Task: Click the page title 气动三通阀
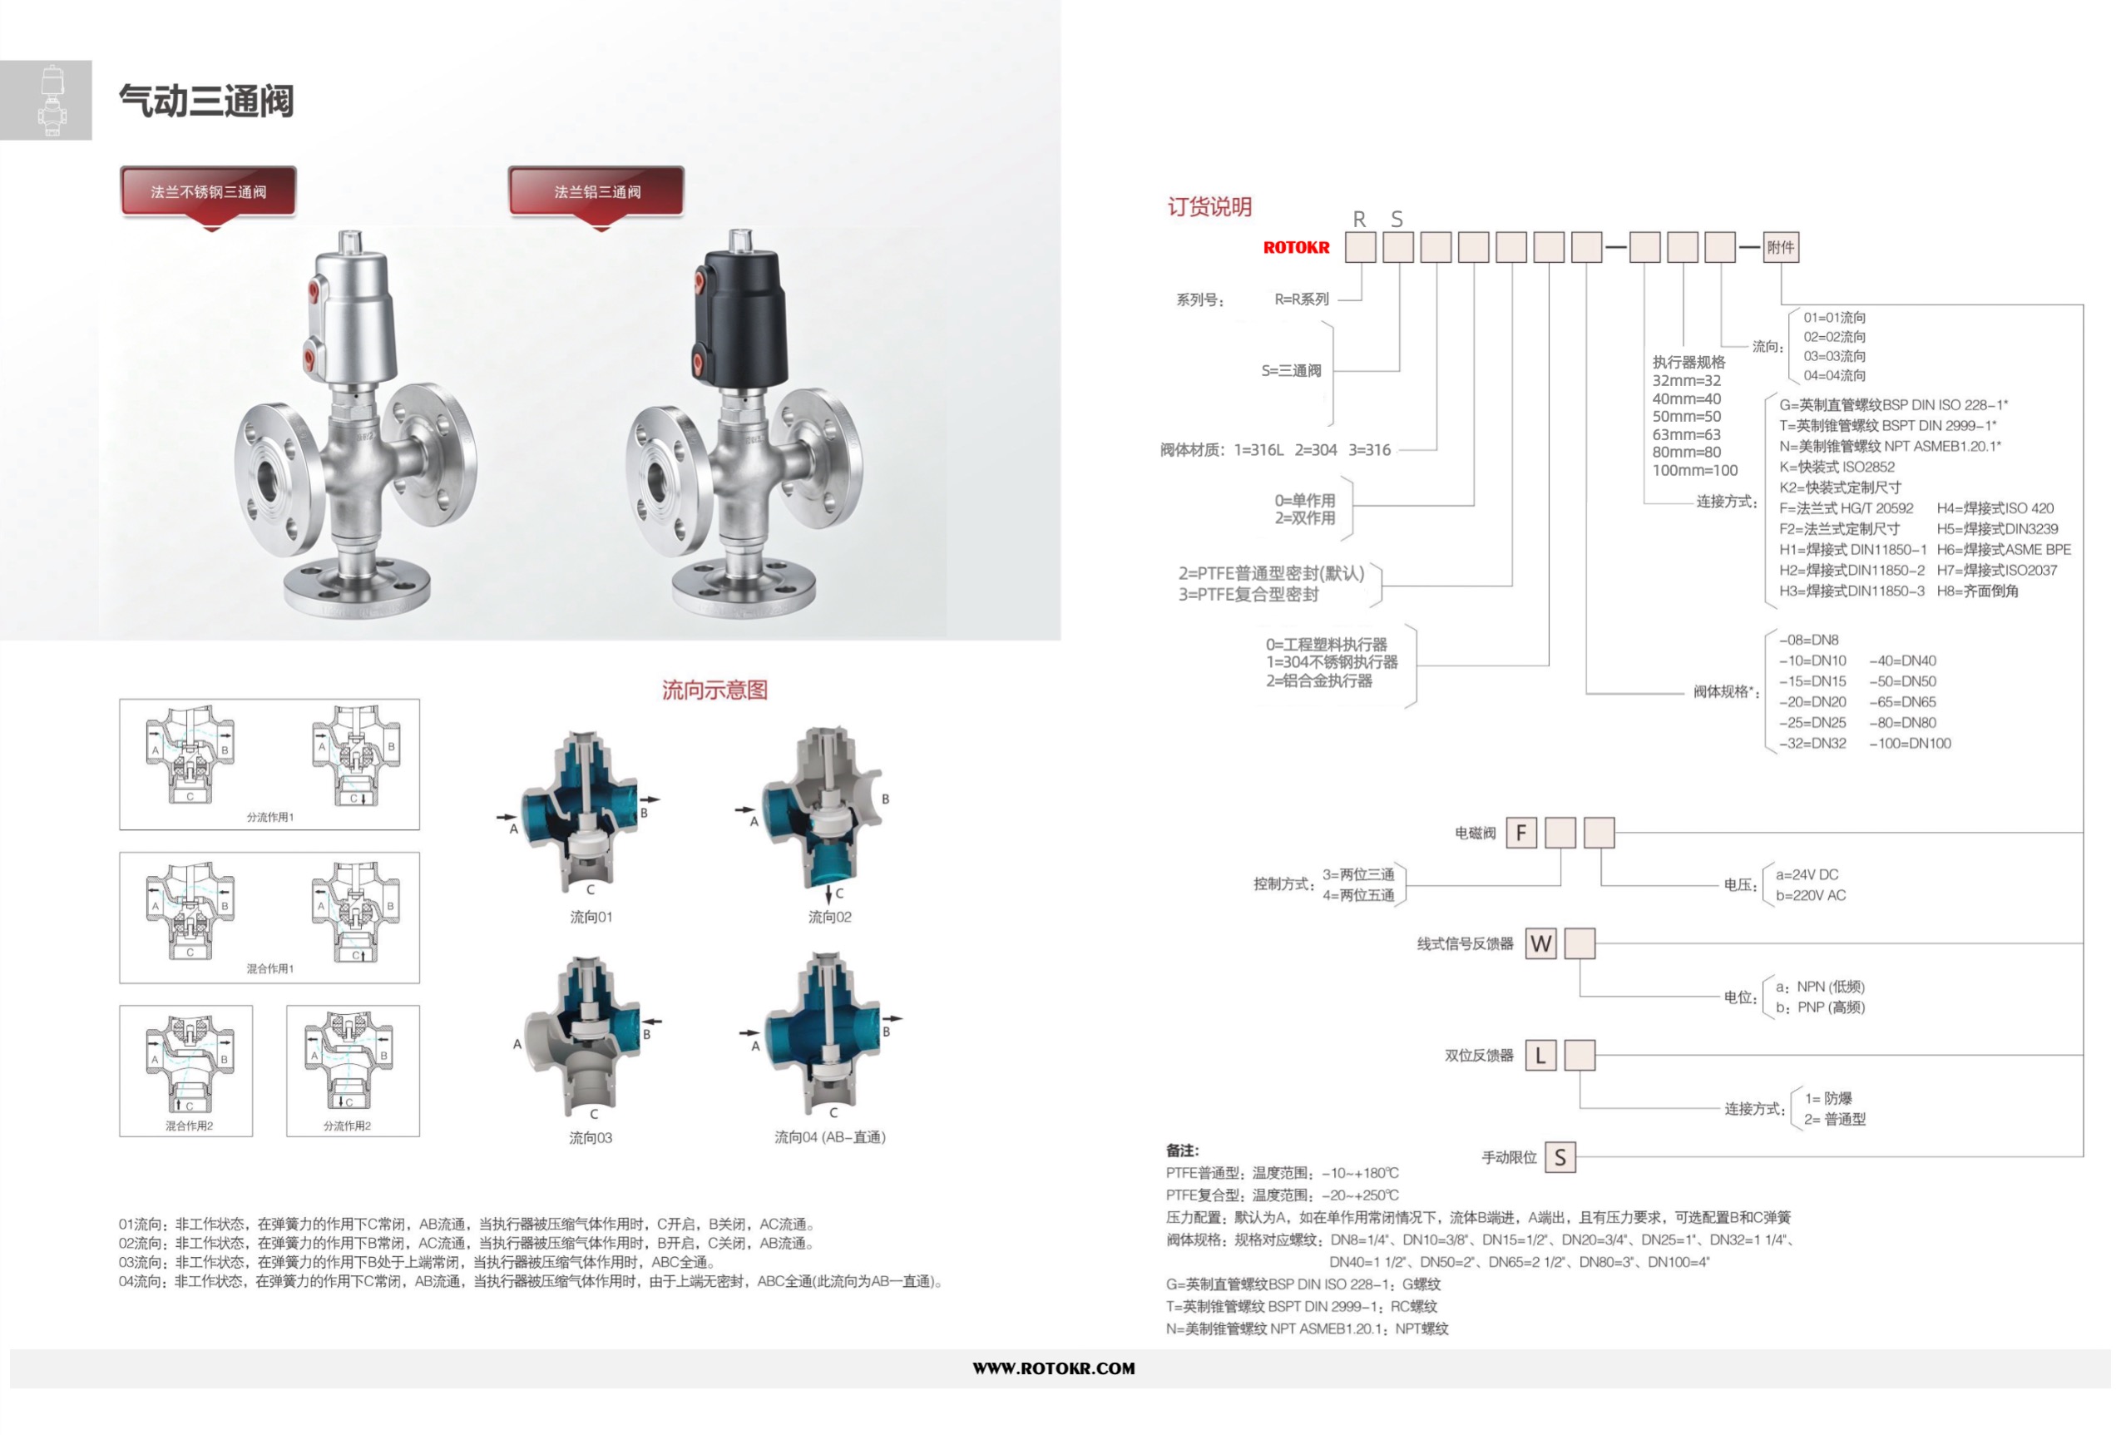click(206, 101)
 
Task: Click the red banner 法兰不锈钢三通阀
click(208, 191)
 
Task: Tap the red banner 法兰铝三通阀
click(596, 191)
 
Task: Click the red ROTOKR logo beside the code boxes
click(1296, 247)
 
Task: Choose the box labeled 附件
click(1781, 247)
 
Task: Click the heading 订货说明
click(1209, 207)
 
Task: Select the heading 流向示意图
click(714, 690)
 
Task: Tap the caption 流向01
click(591, 917)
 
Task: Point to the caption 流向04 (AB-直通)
click(829, 1136)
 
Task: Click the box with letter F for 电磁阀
click(1521, 833)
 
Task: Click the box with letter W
click(1541, 943)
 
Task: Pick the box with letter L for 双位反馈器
click(1541, 1056)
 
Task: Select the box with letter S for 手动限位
click(1560, 1157)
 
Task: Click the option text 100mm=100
click(1695, 470)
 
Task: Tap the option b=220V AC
click(1811, 895)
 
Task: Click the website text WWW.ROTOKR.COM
click(1054, 1368)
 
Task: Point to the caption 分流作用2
click(347, 1126)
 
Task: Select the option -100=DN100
click(1911, 743)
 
